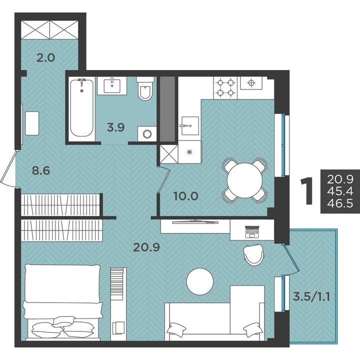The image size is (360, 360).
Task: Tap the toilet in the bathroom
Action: (145, 88)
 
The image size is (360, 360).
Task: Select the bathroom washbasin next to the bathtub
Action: (112, 85)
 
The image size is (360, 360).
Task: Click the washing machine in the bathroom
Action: (147, 134)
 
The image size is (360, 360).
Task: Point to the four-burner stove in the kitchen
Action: (225, 88)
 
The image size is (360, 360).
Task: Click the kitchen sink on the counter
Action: (190, 125)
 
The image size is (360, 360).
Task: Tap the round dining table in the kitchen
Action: (244, 180)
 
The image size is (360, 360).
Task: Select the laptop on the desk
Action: (252, 232)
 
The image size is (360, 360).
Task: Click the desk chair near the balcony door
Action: (253, 254)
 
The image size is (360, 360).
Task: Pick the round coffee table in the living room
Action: (200, 281)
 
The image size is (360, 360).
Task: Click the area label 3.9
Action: (115, 127)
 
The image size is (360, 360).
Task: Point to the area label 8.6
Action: (41, 170)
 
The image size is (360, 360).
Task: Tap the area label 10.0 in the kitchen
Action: (186, 196)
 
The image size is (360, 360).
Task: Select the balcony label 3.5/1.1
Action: (311, 296)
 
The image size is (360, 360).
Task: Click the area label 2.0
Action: (46, 57)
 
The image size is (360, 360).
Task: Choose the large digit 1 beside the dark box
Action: (307, 191)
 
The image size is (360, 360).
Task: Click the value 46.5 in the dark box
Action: (340, 203)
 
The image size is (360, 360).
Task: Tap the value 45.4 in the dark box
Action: (340, 191)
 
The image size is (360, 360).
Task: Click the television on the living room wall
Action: (195, 222)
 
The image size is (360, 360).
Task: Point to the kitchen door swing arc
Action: (164, 179)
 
